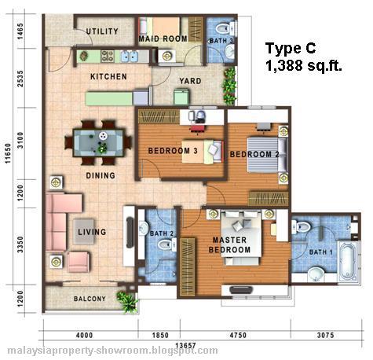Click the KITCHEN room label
(x=108, y=76)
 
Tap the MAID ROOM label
(x=163, y=39)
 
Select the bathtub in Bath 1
(x=347, y=262)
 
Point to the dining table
(x=98, y=143)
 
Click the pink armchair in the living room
(x=79, y=262)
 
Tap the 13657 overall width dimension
(x=185, y=346)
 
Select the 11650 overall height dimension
(x=9, y=154)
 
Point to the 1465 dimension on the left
(x=20, y=31)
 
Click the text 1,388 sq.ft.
(x=304, y=65)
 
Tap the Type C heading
(x=291, y=48)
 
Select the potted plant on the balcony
(x=127, y=301)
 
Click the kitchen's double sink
(x=130, y=56)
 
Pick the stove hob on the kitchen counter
(x=108, y=56)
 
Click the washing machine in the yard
(x=181, y=97)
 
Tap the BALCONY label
(x=90, y=299)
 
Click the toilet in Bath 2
(x=167, y=245)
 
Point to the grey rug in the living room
(x=83, y=232)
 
